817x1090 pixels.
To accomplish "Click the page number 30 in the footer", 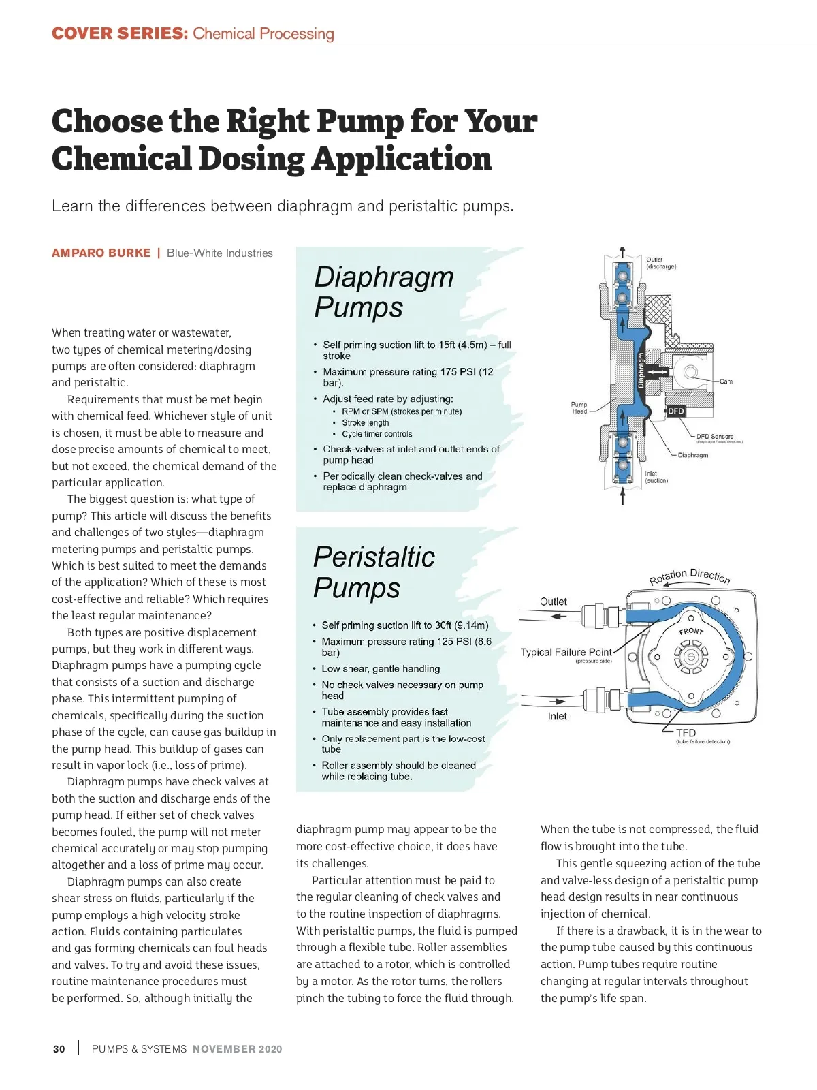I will [59, 1049].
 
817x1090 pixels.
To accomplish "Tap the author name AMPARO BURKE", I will [101, 253].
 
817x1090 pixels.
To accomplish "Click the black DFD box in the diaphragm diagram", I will [675, 411].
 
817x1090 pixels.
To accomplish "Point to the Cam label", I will [726, 381].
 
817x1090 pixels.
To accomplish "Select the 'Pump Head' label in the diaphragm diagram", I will [579, 407].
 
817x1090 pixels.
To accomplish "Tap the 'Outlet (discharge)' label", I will [660, 263].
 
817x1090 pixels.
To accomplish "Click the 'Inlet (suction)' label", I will [656, 477].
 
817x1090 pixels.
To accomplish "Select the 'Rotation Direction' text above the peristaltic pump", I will [689, 576].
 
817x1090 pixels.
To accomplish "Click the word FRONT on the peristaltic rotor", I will [691, 631].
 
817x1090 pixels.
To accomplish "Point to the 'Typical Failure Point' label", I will [566, 653].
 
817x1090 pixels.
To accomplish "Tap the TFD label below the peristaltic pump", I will [686, 733].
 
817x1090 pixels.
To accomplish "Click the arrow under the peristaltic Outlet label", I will [558, 617].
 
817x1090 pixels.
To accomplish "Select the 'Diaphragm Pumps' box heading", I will [383, 292].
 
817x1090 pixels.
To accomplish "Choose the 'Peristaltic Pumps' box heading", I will [373, 572].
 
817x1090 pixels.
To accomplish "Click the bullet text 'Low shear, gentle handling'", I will [381, 669].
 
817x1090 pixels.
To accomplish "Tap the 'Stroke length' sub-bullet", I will [366, 423].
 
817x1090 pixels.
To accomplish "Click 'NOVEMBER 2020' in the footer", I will [237, 1049].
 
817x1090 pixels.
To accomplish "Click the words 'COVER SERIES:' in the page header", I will [119, 33].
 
